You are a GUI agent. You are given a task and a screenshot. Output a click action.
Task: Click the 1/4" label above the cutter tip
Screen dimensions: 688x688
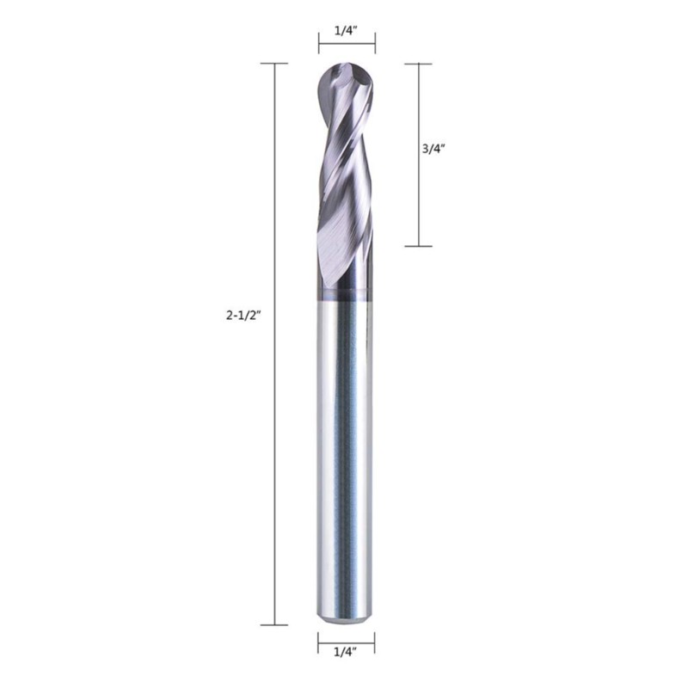(346, 31)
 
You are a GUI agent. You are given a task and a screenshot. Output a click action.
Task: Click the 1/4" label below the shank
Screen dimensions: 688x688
(345, 653)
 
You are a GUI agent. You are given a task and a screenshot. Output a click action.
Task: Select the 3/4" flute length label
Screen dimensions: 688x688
(433, 149)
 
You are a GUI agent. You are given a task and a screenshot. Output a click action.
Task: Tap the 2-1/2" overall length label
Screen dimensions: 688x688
(243, 315)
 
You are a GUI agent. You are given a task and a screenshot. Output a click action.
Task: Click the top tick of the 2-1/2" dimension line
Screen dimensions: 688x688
(274, 64)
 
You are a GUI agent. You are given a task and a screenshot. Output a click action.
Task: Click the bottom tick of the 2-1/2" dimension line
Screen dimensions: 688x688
(274, 625)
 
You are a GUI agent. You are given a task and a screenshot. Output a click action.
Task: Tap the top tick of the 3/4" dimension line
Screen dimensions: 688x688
(418, 64)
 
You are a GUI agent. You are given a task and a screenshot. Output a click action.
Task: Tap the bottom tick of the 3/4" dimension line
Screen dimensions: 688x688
(418, 246)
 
